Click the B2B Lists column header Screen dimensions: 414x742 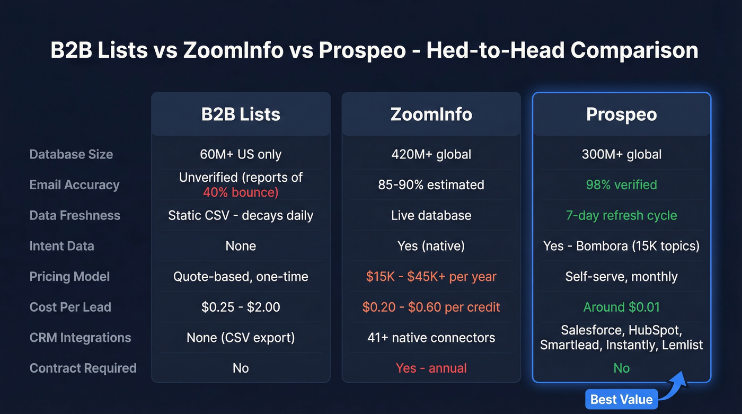241,114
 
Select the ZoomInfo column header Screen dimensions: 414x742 431,114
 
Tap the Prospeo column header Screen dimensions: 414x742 621,114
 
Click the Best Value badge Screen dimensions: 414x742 621,399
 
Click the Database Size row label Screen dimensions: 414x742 71,154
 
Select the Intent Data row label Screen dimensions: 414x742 61,246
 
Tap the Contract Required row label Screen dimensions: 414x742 83,368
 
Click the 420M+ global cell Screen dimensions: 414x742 431,154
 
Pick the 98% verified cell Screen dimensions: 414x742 621,184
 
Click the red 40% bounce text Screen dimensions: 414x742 241,192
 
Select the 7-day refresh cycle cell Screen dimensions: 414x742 621,215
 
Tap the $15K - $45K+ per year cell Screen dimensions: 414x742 431,276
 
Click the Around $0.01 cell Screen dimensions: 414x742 621,307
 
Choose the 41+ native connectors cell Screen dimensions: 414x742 431,338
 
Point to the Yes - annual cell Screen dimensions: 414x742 431,368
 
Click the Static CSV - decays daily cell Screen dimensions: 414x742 241,215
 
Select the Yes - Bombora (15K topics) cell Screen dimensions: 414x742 621,246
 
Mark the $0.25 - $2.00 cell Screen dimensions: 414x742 241,307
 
